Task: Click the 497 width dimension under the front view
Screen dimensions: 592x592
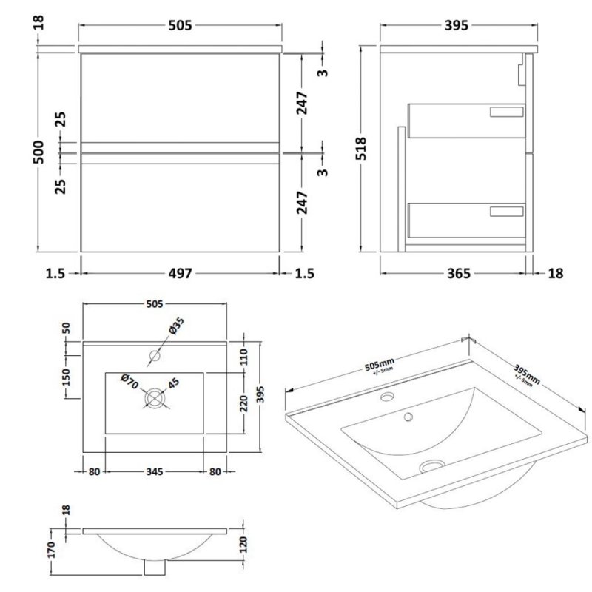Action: click(x=180, y=273)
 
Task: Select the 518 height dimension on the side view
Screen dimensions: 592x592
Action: click(x=361, y=149)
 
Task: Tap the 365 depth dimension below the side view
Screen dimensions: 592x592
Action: click(x=459, y=273)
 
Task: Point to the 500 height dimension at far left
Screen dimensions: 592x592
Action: click(x=38, y=152)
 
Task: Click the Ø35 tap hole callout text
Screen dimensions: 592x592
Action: click(x=177, y=326)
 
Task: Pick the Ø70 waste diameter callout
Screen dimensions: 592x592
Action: click(x=129, y=382)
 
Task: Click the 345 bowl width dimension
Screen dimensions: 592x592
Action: click(x=155, y=471)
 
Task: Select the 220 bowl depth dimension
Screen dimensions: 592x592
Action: click(x=244, y=403)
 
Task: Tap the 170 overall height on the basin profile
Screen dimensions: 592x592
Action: click(x=52, y=550)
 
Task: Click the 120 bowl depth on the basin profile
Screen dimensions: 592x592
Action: click(x=243, y=545)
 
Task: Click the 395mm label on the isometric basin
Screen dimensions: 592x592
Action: click(x=526, y=374)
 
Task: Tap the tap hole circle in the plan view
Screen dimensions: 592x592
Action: click(x=155, y=355)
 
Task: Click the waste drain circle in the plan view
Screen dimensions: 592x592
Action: click(x=155, y=399)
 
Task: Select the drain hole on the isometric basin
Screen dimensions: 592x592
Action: click(x=432, y=466)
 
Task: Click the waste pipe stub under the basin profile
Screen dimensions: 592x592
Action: click(x=155, y=568)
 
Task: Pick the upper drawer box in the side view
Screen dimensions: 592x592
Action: click(x=467, y=121)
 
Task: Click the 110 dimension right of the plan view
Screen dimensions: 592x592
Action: click(x=244, y=357)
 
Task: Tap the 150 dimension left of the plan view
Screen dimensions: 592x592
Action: click(x=66, y=377)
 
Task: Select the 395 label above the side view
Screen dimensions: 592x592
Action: click(x=457, y=25)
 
